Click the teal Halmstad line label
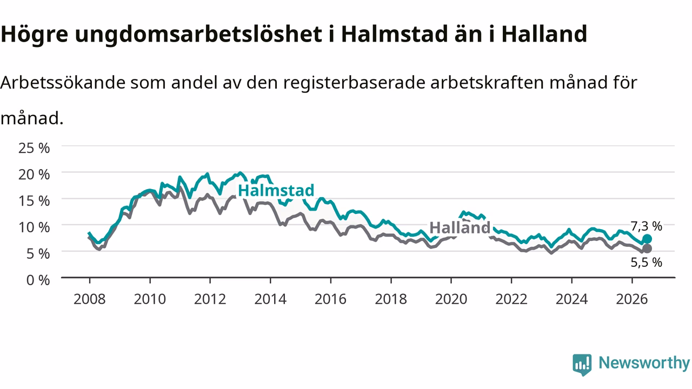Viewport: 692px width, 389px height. (276, 191)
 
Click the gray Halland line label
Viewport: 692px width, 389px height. (460, 228)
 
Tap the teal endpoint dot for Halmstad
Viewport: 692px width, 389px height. (647, 239)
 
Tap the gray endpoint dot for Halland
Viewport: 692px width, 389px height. (647, 249)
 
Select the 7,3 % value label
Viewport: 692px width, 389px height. (646, 226)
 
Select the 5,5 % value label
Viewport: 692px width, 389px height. (646, 263)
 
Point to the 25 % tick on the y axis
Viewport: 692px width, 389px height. (34, 148)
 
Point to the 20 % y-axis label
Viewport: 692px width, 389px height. (34, 175)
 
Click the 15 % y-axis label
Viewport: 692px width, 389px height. (34, 202)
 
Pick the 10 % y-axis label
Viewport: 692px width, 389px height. (34, 227)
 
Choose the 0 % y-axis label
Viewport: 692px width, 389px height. (38, 280)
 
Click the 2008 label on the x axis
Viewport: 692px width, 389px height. (90, 299)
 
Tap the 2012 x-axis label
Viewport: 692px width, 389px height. (210, 299)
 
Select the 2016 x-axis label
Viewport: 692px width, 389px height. (330, 299)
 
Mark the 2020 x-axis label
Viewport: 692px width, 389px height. (451, 299)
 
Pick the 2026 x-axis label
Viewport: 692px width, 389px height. (632, 299)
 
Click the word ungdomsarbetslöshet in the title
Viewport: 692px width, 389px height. (198, 34)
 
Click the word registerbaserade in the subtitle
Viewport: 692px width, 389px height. (354, 83)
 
